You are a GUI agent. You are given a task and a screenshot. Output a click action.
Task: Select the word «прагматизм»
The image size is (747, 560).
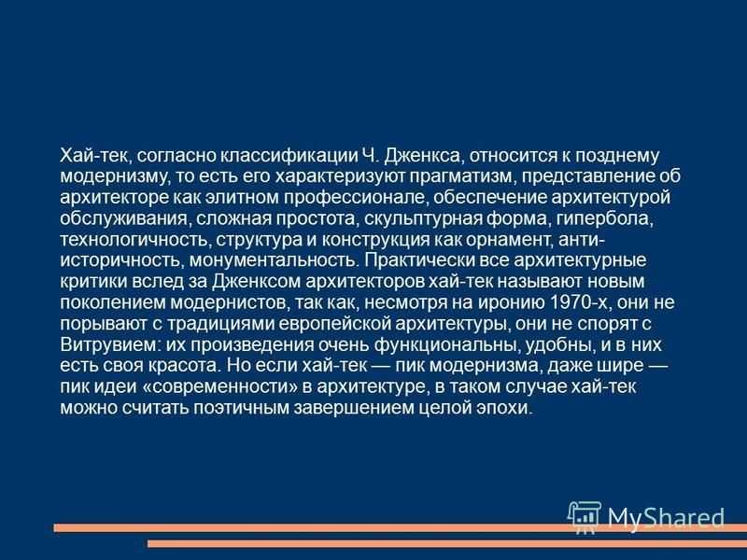pos(460,176)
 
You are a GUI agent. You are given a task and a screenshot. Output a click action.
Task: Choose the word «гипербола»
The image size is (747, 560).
pos(604,218)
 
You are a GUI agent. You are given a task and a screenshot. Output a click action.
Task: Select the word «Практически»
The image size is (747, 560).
pos(421,260)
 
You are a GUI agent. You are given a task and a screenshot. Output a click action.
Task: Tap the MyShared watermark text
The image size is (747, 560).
pos(666,517)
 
